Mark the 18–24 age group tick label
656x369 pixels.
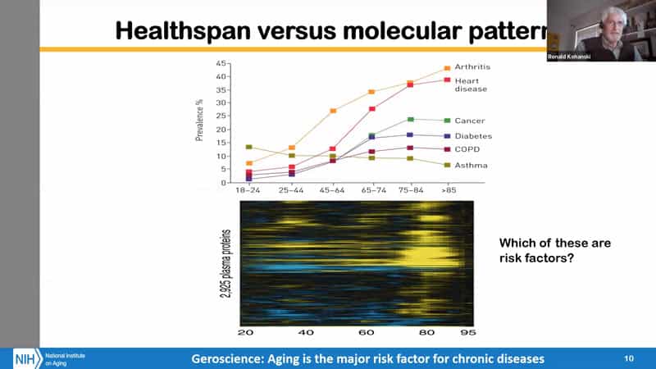coord(248,189)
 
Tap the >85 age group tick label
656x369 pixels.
coord(447,189)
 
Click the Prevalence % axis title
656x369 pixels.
coord(199,120)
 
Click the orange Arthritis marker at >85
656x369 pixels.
coord(447,68)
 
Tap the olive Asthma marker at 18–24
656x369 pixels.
coord(248,147)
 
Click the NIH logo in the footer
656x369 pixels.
coord(25,358)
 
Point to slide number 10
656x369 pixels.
coord(629,358)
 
